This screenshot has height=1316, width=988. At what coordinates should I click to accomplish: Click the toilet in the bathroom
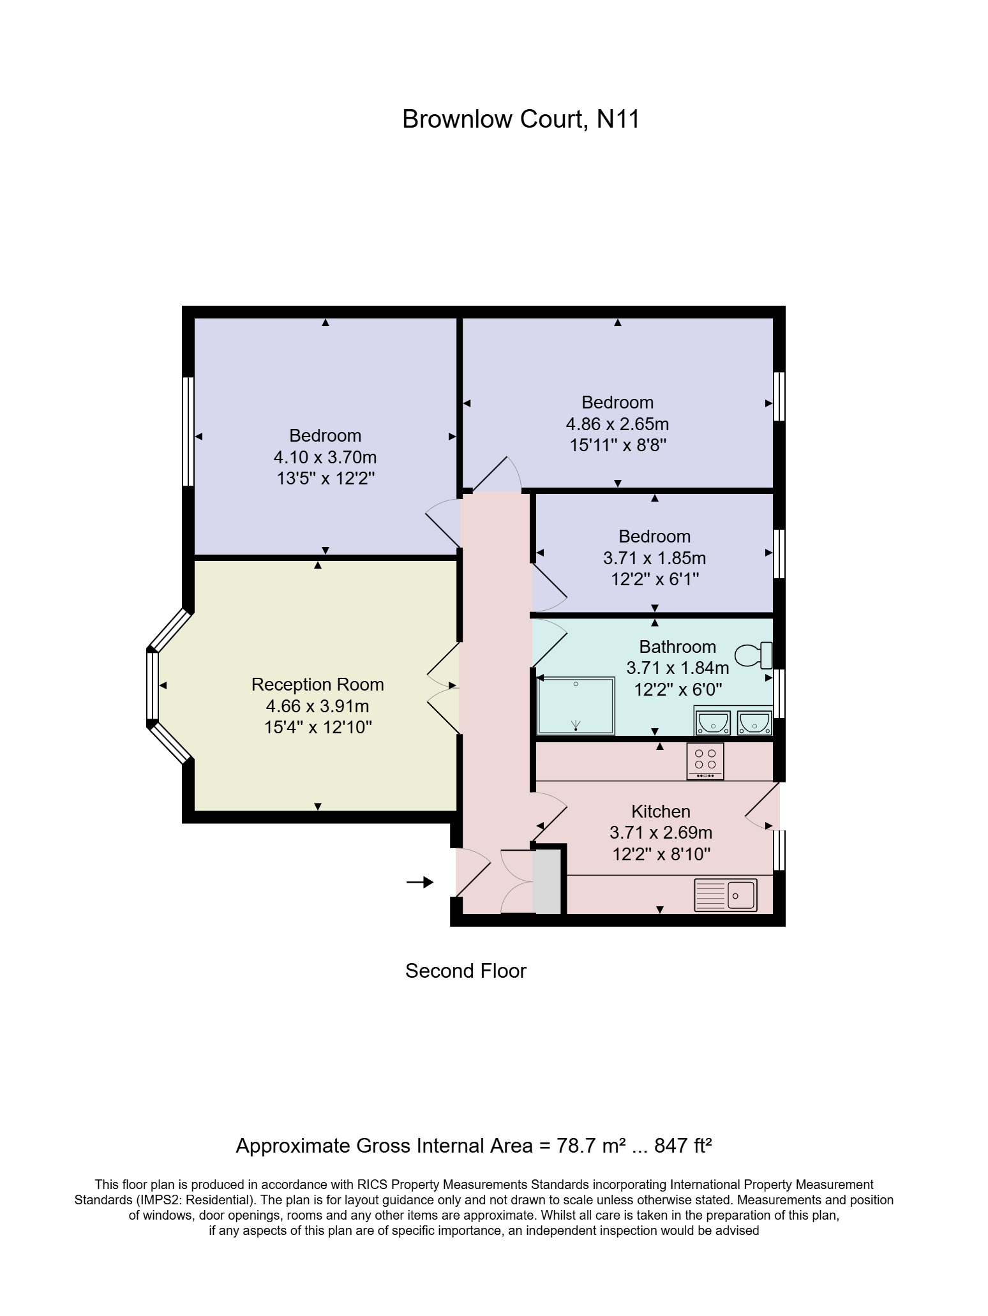pos(754,655)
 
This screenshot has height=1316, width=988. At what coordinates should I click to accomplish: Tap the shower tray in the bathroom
pos(576,706)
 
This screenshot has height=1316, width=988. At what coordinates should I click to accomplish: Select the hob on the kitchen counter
pos(705,760)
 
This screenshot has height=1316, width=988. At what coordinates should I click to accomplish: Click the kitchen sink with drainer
pos(725,895)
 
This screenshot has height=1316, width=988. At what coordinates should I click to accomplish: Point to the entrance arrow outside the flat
pos(420,882)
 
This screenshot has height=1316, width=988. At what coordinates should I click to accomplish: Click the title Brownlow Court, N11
pos(520,119)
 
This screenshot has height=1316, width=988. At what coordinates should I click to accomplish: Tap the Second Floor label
pos(465,971)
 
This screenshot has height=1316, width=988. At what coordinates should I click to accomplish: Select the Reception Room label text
pos(317,684)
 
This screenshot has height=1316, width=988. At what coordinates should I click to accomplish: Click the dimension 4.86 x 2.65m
pos(617,424)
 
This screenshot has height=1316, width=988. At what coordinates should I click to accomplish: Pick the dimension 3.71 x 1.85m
pos(654,558)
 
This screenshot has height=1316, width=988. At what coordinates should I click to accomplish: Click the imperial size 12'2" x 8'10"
pos(661,854)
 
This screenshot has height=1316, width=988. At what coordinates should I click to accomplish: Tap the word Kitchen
pos(661,811)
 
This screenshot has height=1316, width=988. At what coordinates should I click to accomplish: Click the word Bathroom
pos(677,647)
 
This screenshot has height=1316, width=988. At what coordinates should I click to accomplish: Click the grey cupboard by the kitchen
pos(547,881)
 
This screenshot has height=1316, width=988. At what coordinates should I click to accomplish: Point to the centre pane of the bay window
pos(152,685)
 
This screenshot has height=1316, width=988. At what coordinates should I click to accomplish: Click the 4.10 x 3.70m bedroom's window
pos(188,431)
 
